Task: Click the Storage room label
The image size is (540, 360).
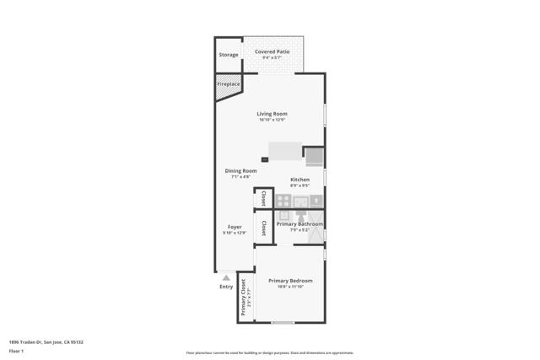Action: [x=229, y=55]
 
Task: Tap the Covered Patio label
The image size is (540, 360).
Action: [x=272, y=51]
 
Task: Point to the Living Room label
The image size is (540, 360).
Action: [x=273, y=114]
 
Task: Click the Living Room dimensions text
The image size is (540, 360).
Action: [x=273, y=120]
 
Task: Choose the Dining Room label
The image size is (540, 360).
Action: [x=240, y=171]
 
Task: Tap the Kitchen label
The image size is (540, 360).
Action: [x=300, y=180]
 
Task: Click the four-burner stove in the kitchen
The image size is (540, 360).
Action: [x=284, y=201]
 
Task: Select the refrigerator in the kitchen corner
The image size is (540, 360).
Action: [x=314, y=156]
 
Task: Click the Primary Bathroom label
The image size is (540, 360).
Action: [x=300, y=224]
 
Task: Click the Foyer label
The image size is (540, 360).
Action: [x=235, y=227]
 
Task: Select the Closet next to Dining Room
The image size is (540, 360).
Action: [x=263, y=198]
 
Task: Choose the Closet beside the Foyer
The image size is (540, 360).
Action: [x=263, y=228]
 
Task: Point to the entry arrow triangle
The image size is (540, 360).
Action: [x=226, y=277]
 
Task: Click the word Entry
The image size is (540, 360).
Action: [x=226, y=287]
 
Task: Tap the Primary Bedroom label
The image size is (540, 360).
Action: [x=290, y=281]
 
